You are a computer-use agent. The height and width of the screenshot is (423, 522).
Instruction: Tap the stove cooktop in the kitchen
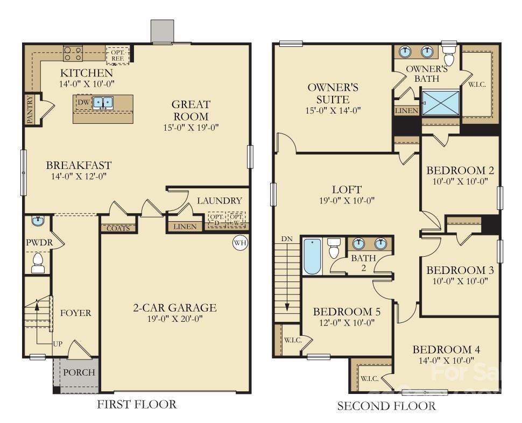pyautogui.click(x=73, y=53)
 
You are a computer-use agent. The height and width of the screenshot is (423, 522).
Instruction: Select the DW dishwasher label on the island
pyautogui.click(x=83, y=102)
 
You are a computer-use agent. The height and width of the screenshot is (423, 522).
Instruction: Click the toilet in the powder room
pyautogui.click(x=38, y=263)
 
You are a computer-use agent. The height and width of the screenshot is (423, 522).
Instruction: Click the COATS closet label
pyautogui.click(x=118, y=228)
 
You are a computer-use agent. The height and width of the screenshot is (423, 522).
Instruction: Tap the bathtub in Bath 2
pyautogui.click(x=312, y=256)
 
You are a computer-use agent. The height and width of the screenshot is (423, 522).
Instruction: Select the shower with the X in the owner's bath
pyautogui.click(x=441, y=103)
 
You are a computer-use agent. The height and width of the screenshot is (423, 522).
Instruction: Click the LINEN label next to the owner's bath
pyautogui.click(x=406, y=110)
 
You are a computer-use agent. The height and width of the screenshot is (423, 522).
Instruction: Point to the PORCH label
pyautogui.click(x=79, y=372)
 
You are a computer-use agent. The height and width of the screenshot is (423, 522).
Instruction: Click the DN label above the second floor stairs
pyautogui.click(x=286, y=238)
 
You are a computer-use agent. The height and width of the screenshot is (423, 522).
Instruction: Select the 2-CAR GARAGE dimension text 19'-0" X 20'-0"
pyautogui.click(x=175, y=319)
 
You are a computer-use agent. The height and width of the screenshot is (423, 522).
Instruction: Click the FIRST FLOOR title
pyautogui.click(x=137, y=405)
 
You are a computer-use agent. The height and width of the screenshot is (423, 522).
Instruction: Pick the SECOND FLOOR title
pyautogui.click(x=386, y=406)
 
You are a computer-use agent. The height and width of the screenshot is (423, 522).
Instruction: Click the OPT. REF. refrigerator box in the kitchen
pyautogui.click(x=118, y=55)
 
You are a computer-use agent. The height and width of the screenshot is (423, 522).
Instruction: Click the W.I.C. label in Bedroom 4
pyautogui.click(x=369, y=378)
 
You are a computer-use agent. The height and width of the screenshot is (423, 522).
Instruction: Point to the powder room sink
pyautogui.click(x=38, y=221)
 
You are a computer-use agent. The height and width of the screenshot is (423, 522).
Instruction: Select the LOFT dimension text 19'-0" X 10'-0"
pyautogui.click(x=347, y=201)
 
